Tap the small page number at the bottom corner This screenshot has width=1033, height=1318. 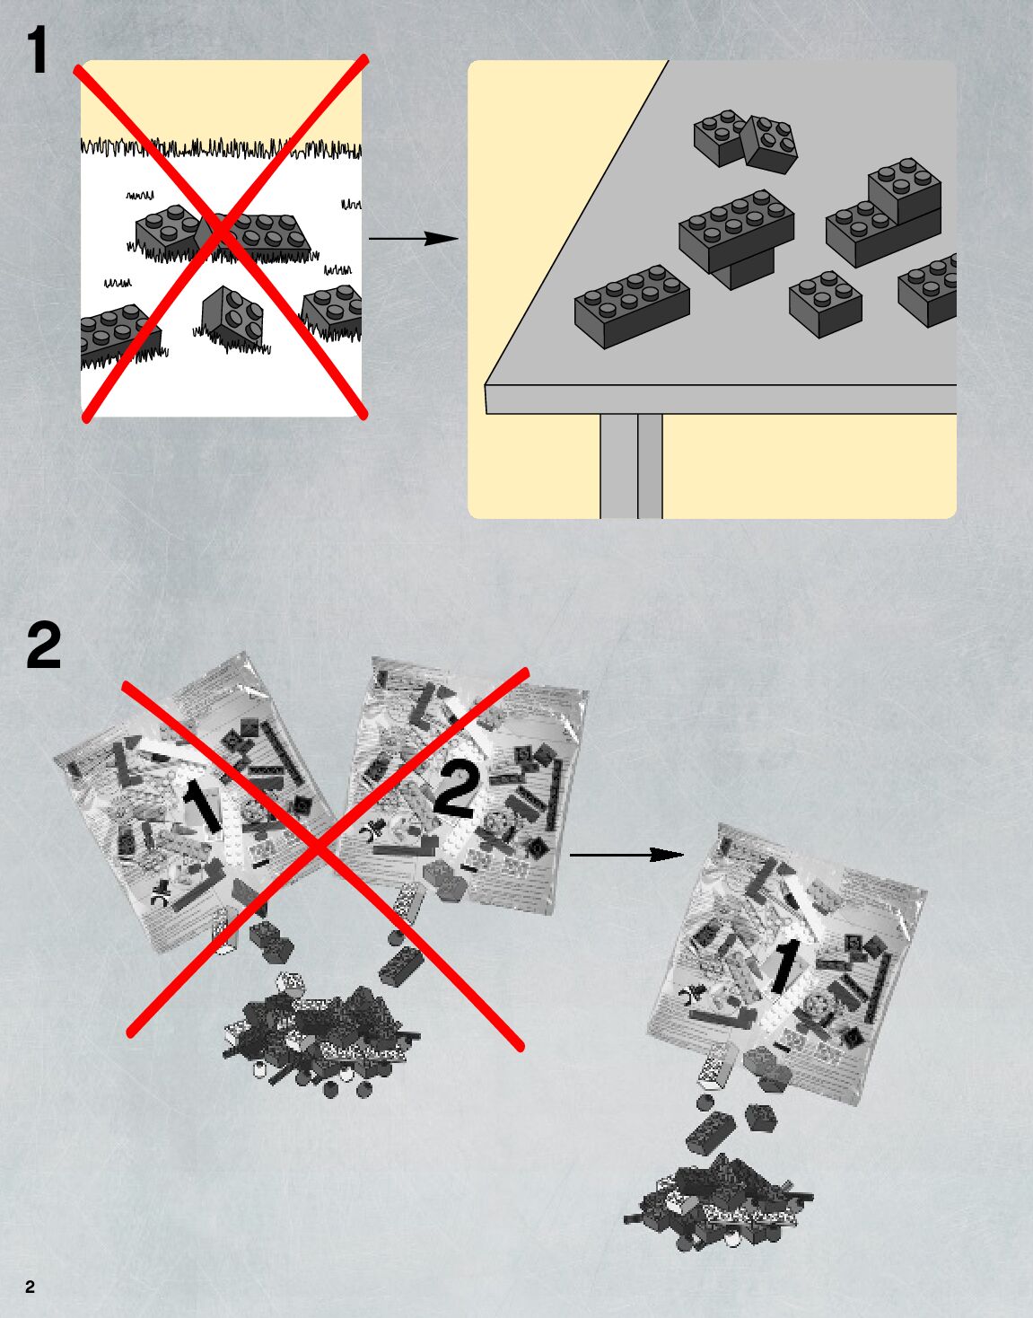31,1287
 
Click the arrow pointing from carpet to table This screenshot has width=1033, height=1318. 414,238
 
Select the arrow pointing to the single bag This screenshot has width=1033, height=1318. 626,856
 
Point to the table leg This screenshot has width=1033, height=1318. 631,466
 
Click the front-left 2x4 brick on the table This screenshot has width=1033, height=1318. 633,305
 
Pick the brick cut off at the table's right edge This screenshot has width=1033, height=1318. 927,290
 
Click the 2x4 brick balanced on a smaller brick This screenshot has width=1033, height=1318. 736,230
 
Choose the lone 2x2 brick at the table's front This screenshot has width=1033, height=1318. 825,303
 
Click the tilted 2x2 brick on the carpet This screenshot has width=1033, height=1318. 232,315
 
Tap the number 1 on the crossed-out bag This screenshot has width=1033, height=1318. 203,804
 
